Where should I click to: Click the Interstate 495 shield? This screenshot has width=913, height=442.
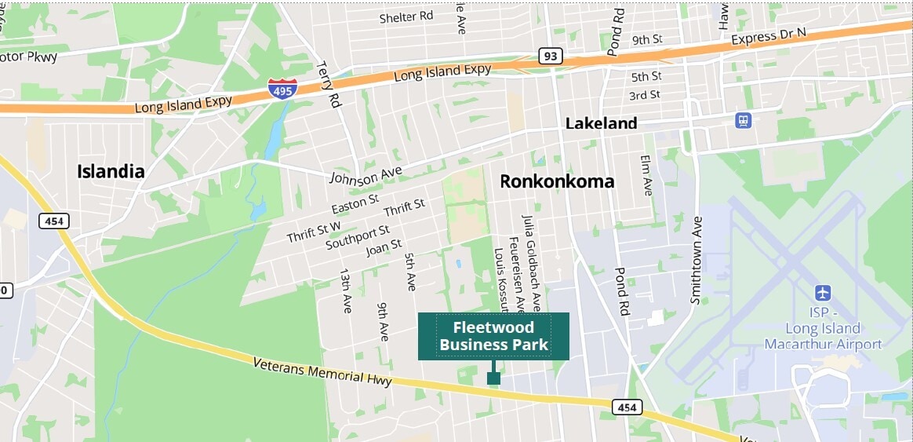282,89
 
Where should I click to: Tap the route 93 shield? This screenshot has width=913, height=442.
551,56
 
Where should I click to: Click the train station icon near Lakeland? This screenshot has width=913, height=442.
743,121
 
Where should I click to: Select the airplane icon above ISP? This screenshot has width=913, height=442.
823,293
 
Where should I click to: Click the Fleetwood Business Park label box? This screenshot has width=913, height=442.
493,336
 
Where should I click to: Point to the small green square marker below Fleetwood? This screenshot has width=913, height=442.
493,378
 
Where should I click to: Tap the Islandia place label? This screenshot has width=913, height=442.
111,172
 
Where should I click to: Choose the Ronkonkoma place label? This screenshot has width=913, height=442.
557,181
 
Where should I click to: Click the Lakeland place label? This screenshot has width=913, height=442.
601,123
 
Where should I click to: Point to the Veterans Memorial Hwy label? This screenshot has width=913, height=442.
322,371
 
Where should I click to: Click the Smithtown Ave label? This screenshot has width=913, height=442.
696,261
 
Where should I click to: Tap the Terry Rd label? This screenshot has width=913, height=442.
329,84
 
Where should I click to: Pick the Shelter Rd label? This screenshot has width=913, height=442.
406,16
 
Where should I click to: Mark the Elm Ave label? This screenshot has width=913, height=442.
646,175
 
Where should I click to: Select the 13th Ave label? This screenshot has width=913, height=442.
346,290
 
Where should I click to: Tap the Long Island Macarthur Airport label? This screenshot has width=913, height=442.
823,336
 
